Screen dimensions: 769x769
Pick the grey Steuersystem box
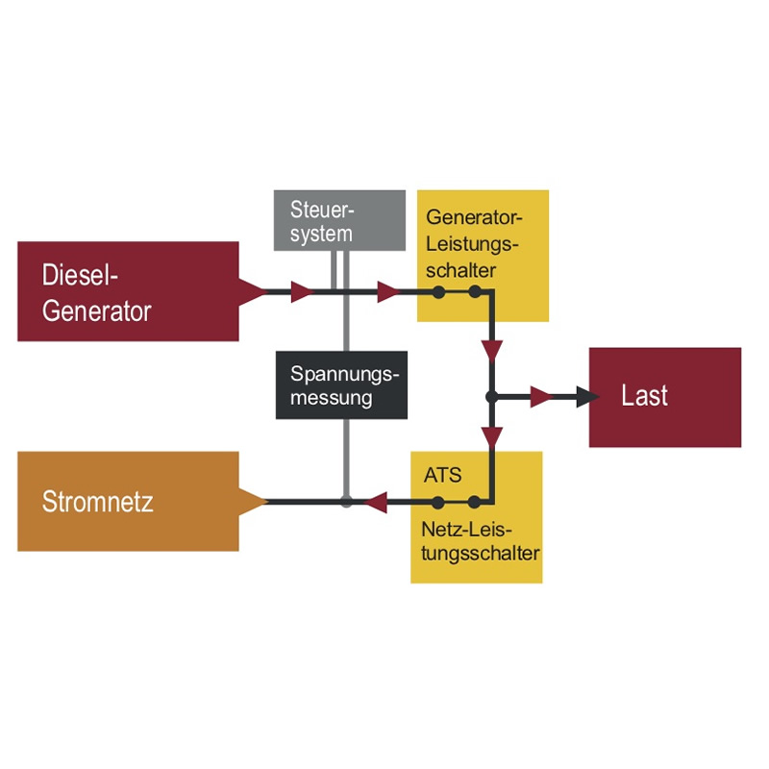[x=339, y=220]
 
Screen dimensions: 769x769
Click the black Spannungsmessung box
[x=342, y=384]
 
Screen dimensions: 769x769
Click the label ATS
[x=442, y=475]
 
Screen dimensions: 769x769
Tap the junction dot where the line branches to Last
[x=491, y=396]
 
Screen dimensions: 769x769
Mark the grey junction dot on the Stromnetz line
[x=347, y=501]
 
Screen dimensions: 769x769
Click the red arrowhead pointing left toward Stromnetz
[x=376, y=501]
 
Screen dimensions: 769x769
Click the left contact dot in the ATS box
[x=438, y=501]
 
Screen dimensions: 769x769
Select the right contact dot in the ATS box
[x=475, y=501]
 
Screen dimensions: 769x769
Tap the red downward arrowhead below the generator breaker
[x=492, y=349]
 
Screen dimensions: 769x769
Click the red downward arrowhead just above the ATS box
[x=492, y=437]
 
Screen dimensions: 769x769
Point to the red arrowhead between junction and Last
[x=541, y=396]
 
